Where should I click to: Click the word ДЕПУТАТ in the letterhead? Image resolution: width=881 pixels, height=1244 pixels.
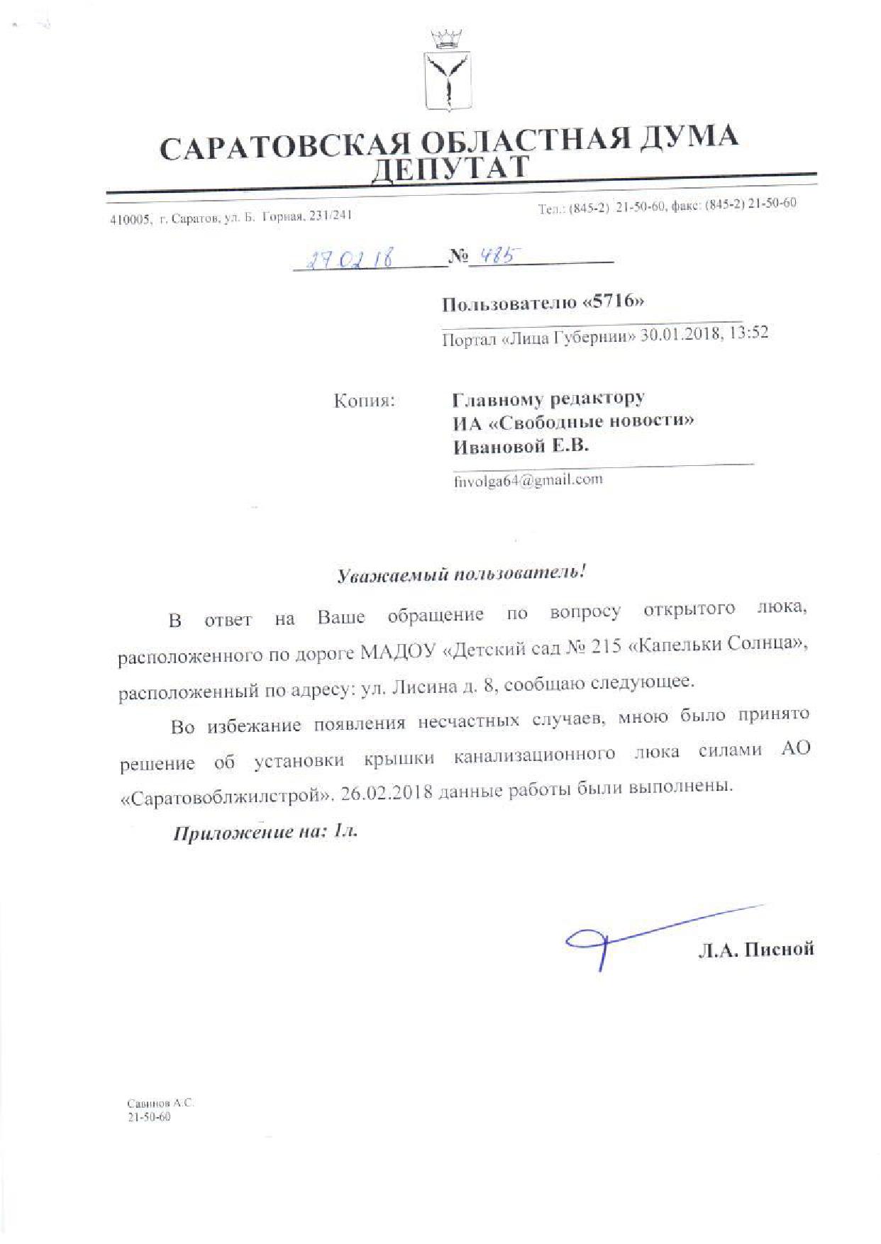pos(451,168)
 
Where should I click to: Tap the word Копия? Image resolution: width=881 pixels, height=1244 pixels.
pos(364,401)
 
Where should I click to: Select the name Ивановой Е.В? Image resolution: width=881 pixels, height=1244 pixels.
pos(521,446)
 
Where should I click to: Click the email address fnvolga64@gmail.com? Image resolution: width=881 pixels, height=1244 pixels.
pos(528,479)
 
